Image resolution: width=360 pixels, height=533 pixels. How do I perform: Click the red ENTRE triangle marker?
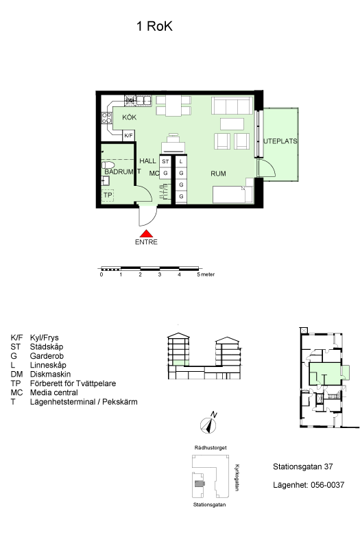point(146,233)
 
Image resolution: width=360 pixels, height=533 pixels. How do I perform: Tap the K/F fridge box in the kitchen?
point(128,136)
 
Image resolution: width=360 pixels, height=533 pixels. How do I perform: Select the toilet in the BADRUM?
point(108,165)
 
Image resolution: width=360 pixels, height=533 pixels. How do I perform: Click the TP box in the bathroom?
point(108,195)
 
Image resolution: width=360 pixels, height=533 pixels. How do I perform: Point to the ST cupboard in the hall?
point(165,161)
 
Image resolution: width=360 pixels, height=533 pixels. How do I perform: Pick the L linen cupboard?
point(181,161)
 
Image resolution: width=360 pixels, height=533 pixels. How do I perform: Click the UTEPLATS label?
point(280,141)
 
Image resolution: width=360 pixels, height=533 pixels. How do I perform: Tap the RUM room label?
point(218,174)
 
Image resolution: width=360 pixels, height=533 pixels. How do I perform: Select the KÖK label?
point(129,117)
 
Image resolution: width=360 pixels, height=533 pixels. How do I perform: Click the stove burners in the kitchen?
point(106,117)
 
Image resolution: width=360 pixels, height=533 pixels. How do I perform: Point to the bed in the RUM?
point(233,194)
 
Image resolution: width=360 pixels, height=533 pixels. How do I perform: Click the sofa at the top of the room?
point(232,106)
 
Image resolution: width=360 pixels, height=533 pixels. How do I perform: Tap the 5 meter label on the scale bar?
point(206,274)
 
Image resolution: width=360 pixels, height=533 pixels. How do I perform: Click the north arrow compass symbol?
point(208,425)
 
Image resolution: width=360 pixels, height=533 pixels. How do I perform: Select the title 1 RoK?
point(155,26)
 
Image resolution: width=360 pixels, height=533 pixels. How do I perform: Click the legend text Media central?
point(54,392)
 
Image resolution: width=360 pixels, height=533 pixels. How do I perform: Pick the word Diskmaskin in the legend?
point(50,375)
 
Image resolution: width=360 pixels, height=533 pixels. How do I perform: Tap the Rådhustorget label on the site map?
point(211,448)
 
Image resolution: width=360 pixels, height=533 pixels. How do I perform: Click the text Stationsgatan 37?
point(303,466)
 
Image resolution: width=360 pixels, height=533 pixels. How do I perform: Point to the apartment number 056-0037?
point(327,485)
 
